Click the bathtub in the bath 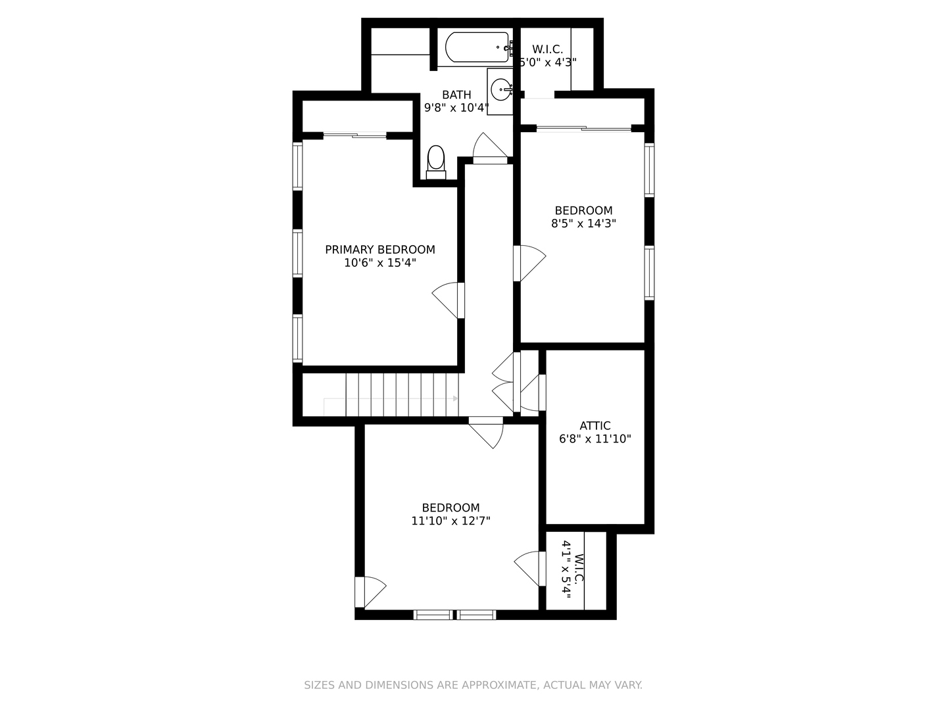pos(477,47)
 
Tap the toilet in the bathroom pos(436,162)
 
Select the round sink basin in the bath pos(501,89)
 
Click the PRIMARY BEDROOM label pos(379,250)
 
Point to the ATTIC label pos(595,425)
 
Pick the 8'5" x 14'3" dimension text pos(583,224)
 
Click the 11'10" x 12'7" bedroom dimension pos(451,521)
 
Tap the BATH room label pos(456,95)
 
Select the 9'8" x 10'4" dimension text pos(456,108)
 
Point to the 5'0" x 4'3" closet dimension pos(548,62)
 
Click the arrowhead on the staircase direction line pos(455,398)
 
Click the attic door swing pos(533,392)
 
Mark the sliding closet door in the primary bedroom pos(354,135)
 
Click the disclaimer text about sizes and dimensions pos(473,685)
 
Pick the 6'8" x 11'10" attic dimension pos(595,439)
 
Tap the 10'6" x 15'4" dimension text pos(379,262)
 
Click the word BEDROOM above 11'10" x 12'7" pos(451,508)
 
